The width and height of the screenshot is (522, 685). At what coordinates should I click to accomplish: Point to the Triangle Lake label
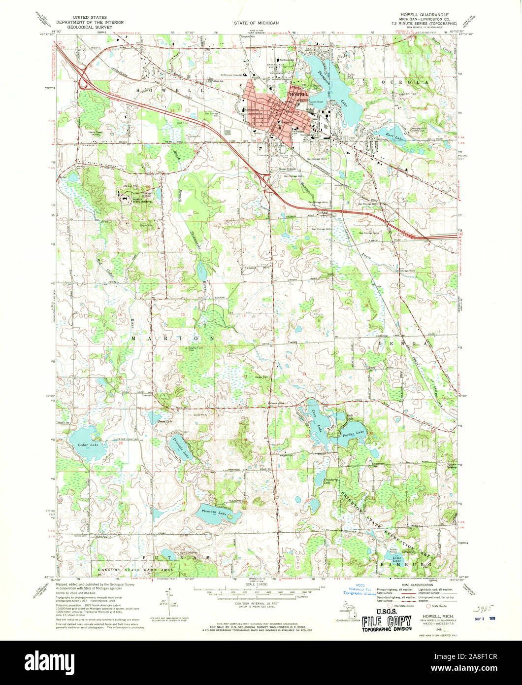coord(181,448)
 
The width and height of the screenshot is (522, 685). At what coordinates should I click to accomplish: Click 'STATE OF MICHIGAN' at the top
coord(256,23)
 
